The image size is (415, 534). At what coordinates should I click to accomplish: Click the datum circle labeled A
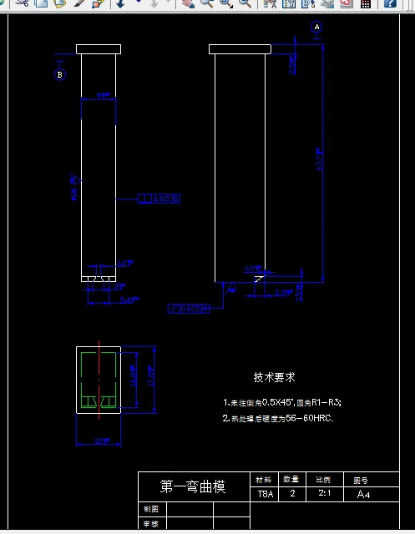(316, 27)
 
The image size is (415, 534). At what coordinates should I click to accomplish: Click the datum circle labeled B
(59, 75)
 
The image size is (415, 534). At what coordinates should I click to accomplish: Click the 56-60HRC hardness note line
(278, 418)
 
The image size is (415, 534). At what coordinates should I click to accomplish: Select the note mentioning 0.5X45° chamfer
(282, 402)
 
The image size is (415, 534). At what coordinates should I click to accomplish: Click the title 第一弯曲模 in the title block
(193, 486)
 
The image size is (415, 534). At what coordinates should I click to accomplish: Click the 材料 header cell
(264, 480)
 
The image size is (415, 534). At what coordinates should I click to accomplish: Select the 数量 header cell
(292, 480)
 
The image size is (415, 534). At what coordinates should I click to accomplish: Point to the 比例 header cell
(321, 480)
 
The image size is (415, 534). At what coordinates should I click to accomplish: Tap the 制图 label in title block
(150, 508)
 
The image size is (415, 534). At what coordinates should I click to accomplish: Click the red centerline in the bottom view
(99, 375)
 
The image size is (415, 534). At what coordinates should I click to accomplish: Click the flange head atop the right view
(240, 48)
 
